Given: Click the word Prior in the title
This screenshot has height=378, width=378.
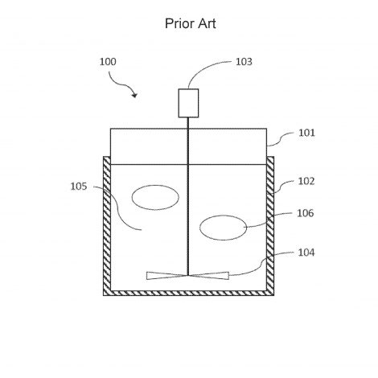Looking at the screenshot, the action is tap(179, 23).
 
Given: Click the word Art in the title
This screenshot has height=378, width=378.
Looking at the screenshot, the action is tap(207, 23).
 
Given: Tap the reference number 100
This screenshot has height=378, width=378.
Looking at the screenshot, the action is tap(108, 62).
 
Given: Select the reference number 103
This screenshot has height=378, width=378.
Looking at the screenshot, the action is tap(244, 62).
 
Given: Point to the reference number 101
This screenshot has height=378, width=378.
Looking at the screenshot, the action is tap(306, 133).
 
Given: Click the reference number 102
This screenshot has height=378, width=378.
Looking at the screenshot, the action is tap(306, 181).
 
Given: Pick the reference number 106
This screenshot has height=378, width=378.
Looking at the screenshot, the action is tap(305, 213).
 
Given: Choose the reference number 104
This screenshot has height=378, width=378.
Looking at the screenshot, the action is tap(306, 253).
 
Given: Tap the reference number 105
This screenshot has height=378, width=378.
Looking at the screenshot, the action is tap(79, 187).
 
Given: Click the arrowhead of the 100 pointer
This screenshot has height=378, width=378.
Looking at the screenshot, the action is tap(135, 95).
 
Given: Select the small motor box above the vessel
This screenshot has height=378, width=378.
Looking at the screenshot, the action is tap(188, 103).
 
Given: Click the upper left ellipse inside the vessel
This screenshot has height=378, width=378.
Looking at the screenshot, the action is tap(155, 185).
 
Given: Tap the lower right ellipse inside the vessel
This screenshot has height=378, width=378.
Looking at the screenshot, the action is tap(223, 216).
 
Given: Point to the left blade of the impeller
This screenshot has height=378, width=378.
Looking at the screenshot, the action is tap(166, 276).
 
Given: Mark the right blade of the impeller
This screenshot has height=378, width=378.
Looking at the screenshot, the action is tap(209, 276).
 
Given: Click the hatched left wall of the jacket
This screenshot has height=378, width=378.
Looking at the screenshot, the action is tap(107, 226).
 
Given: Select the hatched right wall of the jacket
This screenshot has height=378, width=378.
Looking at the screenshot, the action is tap(270, 226).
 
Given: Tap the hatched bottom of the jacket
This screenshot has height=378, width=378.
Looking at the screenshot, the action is tap(189, 293).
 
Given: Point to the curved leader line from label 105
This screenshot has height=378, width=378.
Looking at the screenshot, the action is tap(118, 207).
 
